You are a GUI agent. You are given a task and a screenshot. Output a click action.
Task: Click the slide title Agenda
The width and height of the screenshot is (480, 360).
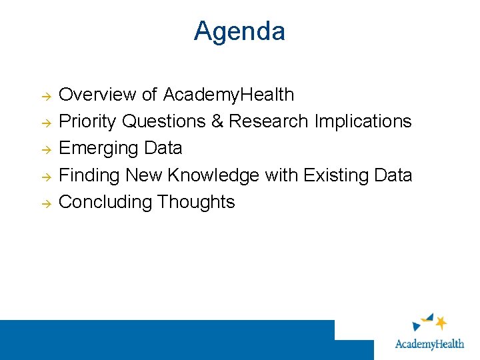239,31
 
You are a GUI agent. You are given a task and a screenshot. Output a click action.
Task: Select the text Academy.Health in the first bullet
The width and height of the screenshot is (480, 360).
229,95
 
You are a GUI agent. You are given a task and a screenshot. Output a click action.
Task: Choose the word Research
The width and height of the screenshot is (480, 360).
269,121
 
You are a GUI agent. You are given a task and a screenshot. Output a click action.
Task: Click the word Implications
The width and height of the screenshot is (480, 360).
363,121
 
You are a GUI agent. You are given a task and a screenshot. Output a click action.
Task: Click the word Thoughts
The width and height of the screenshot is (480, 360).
195,201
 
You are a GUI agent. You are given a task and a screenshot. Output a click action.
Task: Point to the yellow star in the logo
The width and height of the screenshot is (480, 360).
440,323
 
